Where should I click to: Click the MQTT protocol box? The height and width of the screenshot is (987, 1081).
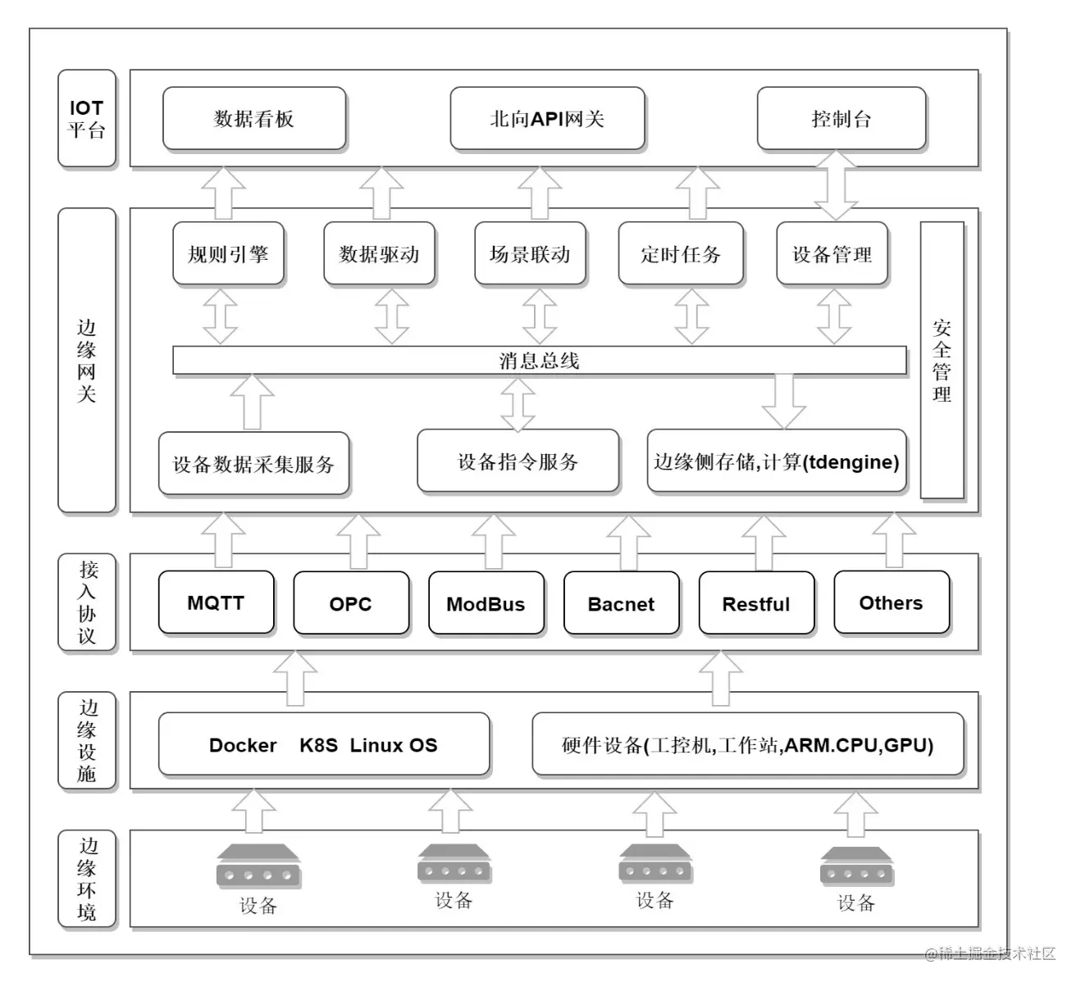tap(216, 603)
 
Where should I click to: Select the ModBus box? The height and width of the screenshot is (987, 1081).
tap(486, 604)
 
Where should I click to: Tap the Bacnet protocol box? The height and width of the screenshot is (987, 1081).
tap(621, 604)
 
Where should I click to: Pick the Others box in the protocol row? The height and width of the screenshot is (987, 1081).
tap(891, 603)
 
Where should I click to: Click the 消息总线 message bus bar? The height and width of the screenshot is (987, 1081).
tap(539, 361)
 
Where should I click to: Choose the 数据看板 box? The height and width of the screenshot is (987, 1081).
tap(254, 119)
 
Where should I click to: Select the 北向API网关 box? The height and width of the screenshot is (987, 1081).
tap(547, 119)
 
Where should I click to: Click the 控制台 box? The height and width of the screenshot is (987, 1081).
tap(841, 119)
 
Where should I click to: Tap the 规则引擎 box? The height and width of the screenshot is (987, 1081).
tap(228, 254)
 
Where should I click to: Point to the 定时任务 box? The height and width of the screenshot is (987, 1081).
tap(681, 254)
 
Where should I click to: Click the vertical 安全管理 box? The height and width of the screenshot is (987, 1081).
tap(942, 361)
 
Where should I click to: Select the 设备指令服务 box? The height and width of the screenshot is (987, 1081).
tap(518, 462)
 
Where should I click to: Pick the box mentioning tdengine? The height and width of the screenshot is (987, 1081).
tap(776, 462)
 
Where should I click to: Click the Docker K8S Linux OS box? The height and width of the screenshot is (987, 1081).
tap(323, 745)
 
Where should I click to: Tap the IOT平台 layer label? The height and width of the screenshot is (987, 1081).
tap(87, 119)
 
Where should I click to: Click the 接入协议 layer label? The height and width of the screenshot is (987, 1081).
tap(87, 603)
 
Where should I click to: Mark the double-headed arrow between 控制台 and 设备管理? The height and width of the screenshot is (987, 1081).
tap(836, 185)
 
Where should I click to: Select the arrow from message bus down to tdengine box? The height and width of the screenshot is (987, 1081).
tap(783, 402)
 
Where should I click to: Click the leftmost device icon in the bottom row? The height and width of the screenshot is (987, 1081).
tap(258, 867)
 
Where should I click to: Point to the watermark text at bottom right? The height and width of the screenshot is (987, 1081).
tap(990, 953)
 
